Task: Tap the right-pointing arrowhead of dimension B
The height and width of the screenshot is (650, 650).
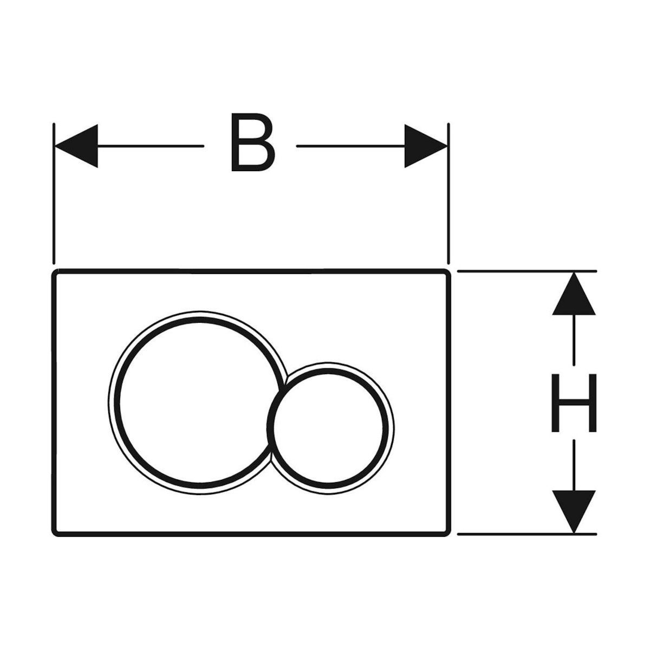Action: click(x=426, y=146)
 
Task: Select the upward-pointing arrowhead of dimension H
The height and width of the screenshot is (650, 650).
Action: click(x=574, y=294)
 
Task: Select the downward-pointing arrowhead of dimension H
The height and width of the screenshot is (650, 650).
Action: click(x=574, y=512)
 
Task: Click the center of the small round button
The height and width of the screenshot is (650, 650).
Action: click(x=329, y=427)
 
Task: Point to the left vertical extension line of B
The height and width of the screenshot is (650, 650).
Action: click(x=54, y=193)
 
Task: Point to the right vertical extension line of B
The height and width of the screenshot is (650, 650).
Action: click(x=448, y=193)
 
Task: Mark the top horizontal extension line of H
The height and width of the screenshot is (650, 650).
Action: click(x=527, y=271)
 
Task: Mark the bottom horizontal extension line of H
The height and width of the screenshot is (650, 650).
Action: click(x=527, y=534)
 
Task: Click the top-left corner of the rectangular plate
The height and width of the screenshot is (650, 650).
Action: click(x=53, y=270)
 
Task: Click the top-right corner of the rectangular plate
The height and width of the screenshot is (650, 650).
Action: click(x=449, y=270)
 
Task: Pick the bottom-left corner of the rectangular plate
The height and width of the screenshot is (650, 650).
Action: click(x=53, y=535)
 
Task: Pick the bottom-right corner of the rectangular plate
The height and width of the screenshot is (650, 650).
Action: click(x=449, y=535)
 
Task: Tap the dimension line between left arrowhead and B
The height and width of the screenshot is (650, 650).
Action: click(x=151, y=146)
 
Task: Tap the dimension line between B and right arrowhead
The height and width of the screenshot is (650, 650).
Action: click(x=350, y=146)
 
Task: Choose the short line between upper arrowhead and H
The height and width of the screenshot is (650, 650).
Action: click(x=574, y=340)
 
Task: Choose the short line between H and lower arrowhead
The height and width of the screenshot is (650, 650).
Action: click(x=574, y=465)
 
